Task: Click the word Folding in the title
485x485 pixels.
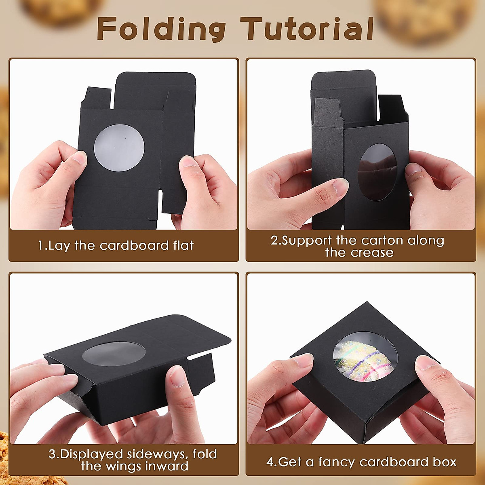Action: (x=161, y=29)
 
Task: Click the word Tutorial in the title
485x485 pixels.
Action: (x=307, y=29)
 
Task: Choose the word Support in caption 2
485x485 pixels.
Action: (x=306, y=240)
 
